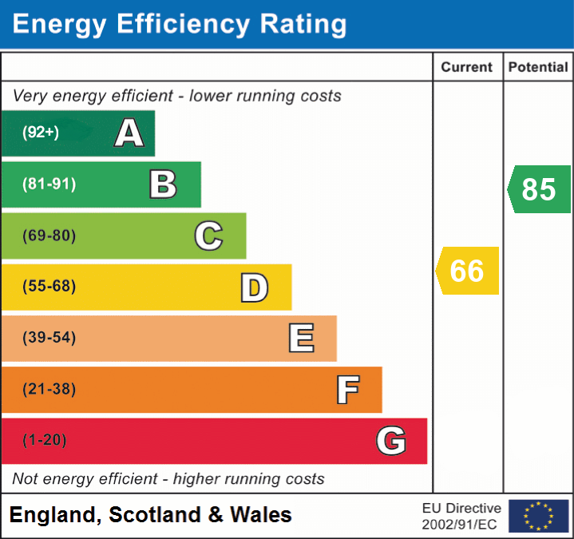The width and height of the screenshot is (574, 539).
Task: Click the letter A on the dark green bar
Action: [x=129, y=133]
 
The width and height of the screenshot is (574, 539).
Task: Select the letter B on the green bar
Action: [x=163, y=184]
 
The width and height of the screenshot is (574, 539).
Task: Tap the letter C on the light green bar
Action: [x=208, y=236]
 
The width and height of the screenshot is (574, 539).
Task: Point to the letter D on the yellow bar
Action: [x=254, y=287]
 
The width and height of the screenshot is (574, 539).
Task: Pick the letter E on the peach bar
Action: [x=300, y=339]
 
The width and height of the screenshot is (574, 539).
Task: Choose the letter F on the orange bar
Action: [x=347, y=390]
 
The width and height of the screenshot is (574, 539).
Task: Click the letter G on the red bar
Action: [x=391, y=441]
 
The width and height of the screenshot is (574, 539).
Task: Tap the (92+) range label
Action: [x=41, y=133]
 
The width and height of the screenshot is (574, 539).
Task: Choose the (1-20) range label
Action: [x=45, y=440]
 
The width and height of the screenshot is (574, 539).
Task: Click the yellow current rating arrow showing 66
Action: [x=467, y=271]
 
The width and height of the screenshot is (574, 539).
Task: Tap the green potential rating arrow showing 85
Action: [x=539, y=189]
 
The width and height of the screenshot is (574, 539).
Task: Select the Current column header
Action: [x=467, y=68]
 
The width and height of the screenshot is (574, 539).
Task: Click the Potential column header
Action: [x=538, y=68]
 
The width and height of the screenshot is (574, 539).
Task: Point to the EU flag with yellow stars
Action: [x=538, y=516]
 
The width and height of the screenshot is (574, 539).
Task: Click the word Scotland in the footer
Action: [x=156, y=515]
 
